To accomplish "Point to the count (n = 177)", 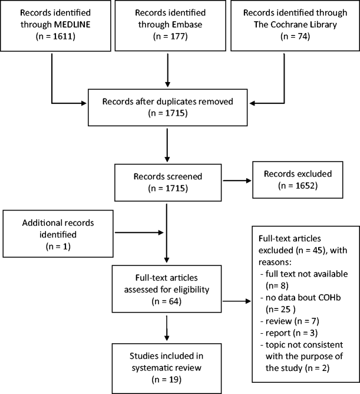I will (167, 37).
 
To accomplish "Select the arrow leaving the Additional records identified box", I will (138, 231).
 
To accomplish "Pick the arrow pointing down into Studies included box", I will (167, 328).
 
